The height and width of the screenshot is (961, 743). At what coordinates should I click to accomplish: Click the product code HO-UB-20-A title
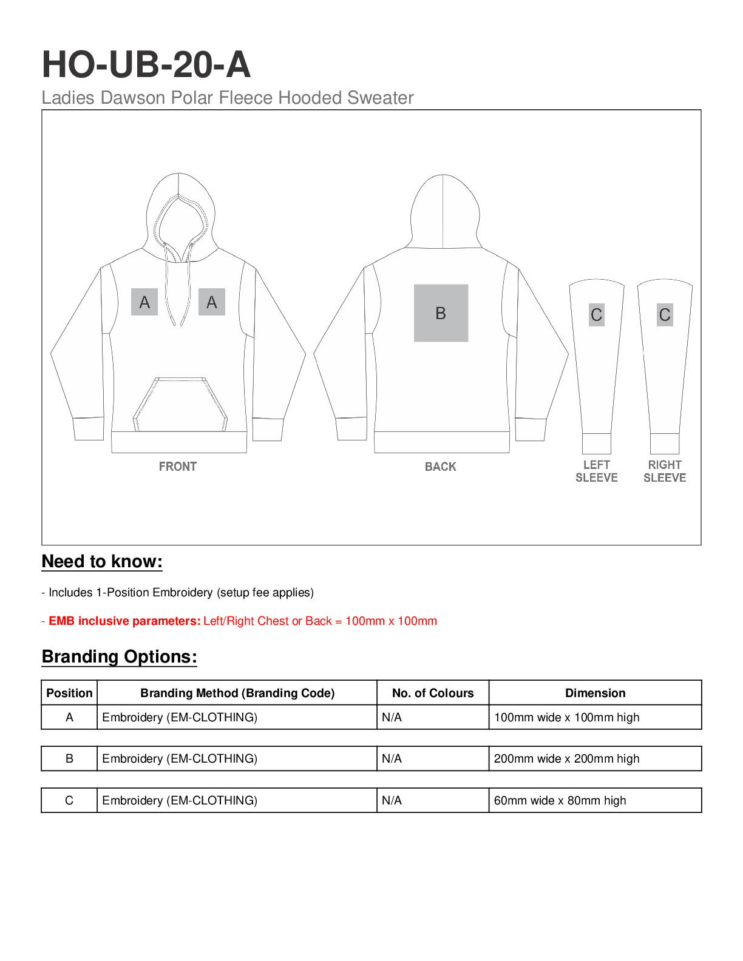[146, 64]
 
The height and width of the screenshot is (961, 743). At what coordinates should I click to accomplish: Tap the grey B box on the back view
[441, 313]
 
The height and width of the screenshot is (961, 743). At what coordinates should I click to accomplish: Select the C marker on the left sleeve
[597, 315]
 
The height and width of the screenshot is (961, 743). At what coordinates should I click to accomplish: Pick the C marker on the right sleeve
[665, 315]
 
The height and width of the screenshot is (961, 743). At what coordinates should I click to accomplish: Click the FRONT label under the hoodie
[178, 467]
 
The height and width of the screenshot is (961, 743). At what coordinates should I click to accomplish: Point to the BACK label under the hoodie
[440, 467]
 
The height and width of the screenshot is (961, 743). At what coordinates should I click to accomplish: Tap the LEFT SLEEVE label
[597, 471]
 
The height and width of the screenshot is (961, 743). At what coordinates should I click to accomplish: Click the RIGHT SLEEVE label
[665, 471]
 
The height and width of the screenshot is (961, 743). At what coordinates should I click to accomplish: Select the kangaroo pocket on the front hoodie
[180, 405]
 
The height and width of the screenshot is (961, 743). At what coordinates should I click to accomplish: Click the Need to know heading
[102, 562]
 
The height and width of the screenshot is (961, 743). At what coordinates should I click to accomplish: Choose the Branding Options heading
[120, 657]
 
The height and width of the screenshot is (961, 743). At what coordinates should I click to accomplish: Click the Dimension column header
[595, 693]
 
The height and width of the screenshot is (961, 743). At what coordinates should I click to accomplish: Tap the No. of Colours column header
[433, 693]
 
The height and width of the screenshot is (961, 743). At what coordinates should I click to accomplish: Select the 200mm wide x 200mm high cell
[566, 759]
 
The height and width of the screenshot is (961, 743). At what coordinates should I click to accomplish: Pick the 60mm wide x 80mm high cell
[560, 801]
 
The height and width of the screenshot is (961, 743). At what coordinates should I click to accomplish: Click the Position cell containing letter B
[69, 759]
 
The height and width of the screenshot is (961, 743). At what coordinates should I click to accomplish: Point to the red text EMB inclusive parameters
[124, 621]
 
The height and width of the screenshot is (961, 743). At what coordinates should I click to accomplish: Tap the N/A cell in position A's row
[392, 718]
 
